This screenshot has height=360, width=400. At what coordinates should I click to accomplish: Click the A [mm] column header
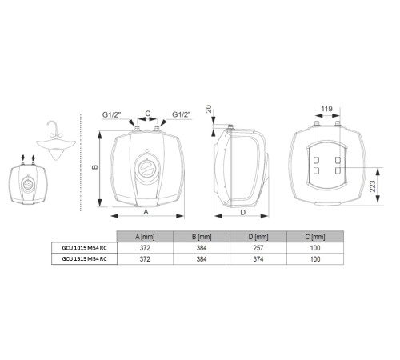tap(145, 237)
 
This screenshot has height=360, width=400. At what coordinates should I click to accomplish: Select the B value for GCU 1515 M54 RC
tap(201, 259)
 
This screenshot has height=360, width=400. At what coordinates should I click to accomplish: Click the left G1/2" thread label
tap(112, 114)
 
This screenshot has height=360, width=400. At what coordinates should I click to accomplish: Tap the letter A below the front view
tap(146, 213)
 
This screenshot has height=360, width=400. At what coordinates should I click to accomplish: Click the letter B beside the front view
tap(94, 167)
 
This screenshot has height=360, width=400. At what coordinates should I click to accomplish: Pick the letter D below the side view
tap(242, 213)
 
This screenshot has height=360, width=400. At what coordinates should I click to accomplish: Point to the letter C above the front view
tap(146, 113)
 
